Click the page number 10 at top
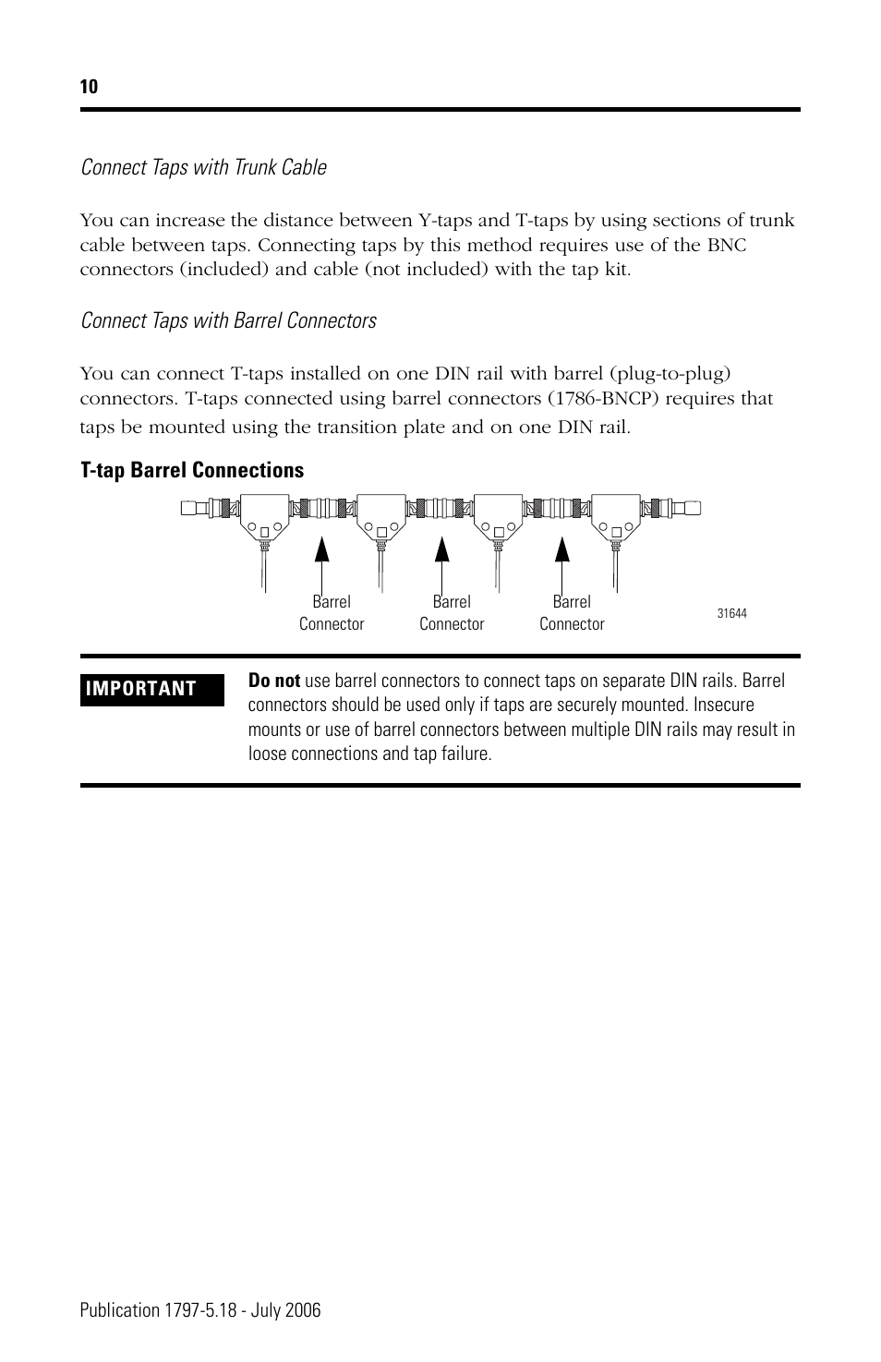[x=89, y=88]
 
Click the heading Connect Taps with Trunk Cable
[x=203, y=167]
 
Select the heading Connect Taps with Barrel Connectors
[x=228, y=320]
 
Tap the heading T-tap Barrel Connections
[x=192, y=470]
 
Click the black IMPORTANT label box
[x=152, y=689]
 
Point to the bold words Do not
[x=274, y=681]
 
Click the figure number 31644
[x=731, y=613]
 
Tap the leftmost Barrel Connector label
[x=332, y=613]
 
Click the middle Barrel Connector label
[x=452, y=613]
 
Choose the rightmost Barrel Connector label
[x=572, y=613]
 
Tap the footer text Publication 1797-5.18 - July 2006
[x=200, y=1310]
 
